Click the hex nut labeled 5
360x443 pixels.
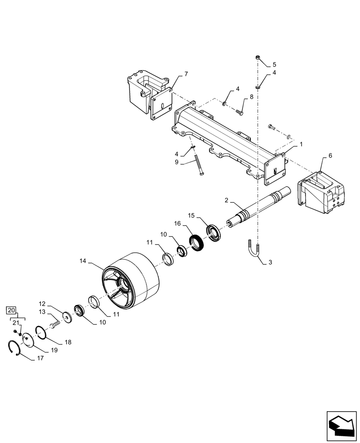[x=257, y=58]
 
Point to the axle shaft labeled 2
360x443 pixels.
[x=260, y=206]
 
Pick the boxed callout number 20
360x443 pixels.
[x=12, y=310]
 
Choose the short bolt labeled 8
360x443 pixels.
[x=239, y=112]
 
